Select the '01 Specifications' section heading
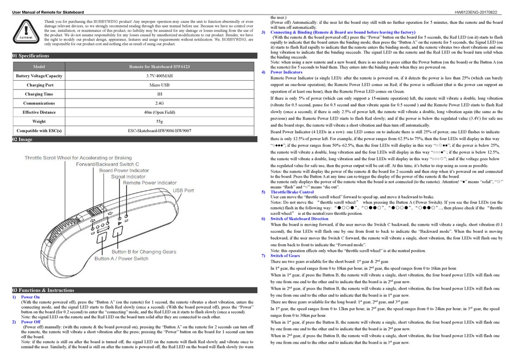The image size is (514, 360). pyautogui.click(x=31, y=56)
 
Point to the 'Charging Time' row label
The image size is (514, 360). pyautogui.click(x=39, y=94)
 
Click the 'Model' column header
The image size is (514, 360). pyautogui.click(x=39, y=67)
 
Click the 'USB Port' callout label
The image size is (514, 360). pyautogui.click(x=183, y=191)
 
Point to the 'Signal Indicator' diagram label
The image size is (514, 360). pyautogui.click(x=128, y=176)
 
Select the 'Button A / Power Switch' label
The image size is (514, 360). pyautogui.click(x=121, y=259)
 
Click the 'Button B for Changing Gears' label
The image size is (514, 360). pyautogui.click(x=144, y=252)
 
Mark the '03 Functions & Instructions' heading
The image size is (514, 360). pyautogui.click(x=43, y=290)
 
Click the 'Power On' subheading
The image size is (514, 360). pyautogui.click(x=30, y=297)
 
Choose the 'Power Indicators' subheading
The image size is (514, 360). pyautogui.click(x=286, y=72)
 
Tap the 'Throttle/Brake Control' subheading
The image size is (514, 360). pyautogui.click(x=292, y=192)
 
